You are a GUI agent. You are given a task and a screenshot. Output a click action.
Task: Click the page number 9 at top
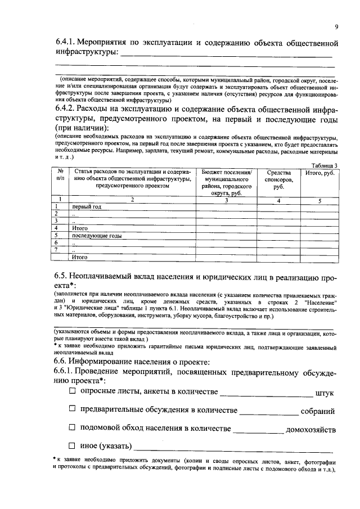click(336, 26)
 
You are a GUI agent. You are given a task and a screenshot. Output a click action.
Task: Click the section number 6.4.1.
click(66, 42)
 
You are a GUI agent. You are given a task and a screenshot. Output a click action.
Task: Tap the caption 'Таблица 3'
click(324, 165)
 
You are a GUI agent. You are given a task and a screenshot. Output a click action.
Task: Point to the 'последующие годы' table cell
click(97, 236)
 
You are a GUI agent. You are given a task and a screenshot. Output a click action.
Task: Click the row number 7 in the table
click(56, 249)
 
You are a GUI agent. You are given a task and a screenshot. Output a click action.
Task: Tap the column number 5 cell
click(319, 200)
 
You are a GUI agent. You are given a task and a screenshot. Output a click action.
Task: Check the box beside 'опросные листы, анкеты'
click(72, 391)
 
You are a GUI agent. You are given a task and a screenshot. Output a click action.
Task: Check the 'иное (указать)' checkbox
click(72, 446)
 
